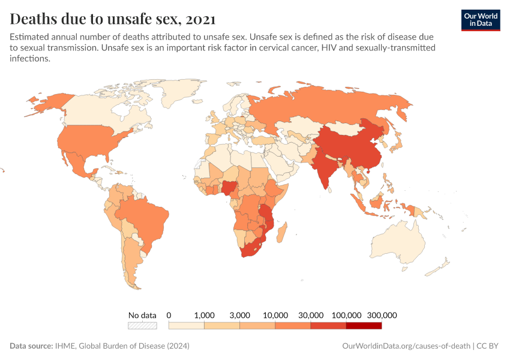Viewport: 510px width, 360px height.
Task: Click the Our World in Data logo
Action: [480, 19]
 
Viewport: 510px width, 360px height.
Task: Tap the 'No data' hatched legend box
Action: [142, 326]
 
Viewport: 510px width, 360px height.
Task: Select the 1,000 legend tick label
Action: [205, 315]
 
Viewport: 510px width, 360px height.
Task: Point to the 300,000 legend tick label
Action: [382, 315]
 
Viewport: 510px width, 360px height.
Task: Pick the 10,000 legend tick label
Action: [275, 315]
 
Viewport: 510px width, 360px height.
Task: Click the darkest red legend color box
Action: [364, 326]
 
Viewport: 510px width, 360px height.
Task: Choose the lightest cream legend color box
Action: [187, 326]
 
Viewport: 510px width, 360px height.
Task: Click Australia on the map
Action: [399, 243]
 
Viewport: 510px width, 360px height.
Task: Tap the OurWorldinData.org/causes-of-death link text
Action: [406, 346]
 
